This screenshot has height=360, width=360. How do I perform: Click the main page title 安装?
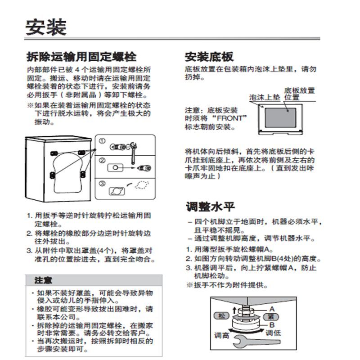pos(46,27)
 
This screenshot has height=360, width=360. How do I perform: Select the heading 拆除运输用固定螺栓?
pos(81,57)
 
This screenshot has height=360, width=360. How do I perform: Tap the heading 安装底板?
pos(209,57)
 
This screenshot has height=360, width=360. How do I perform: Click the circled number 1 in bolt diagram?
pos(102,141)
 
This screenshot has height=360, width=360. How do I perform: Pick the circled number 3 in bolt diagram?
pos(102,183)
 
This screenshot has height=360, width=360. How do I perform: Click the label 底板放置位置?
pos(299,93)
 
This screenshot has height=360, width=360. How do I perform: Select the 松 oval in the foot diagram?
pos(220,315)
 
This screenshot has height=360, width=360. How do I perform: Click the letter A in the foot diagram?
pos(272,309)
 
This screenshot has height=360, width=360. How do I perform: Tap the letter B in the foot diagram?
pos(272,324)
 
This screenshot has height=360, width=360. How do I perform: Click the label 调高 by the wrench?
pos(221,336)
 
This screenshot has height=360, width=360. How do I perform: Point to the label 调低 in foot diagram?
pos(273,333)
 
